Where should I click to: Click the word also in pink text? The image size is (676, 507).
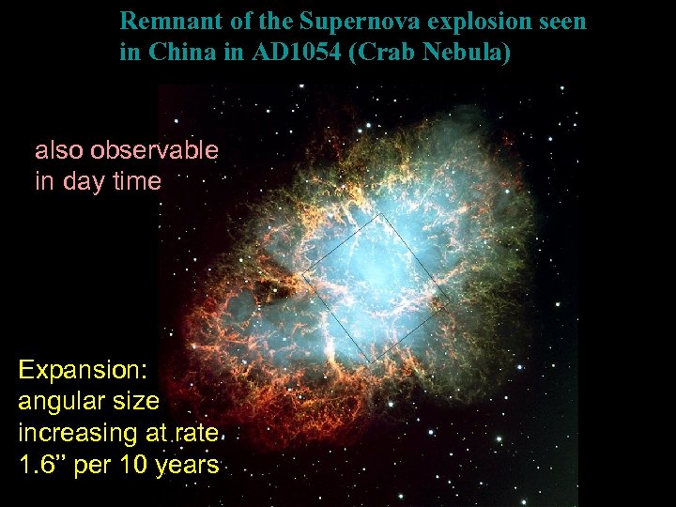point(56,150)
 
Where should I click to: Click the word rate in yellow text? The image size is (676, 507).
point(198,433)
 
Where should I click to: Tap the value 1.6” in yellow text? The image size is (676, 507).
point(41,465)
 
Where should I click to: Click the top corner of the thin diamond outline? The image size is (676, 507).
point(380,214)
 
